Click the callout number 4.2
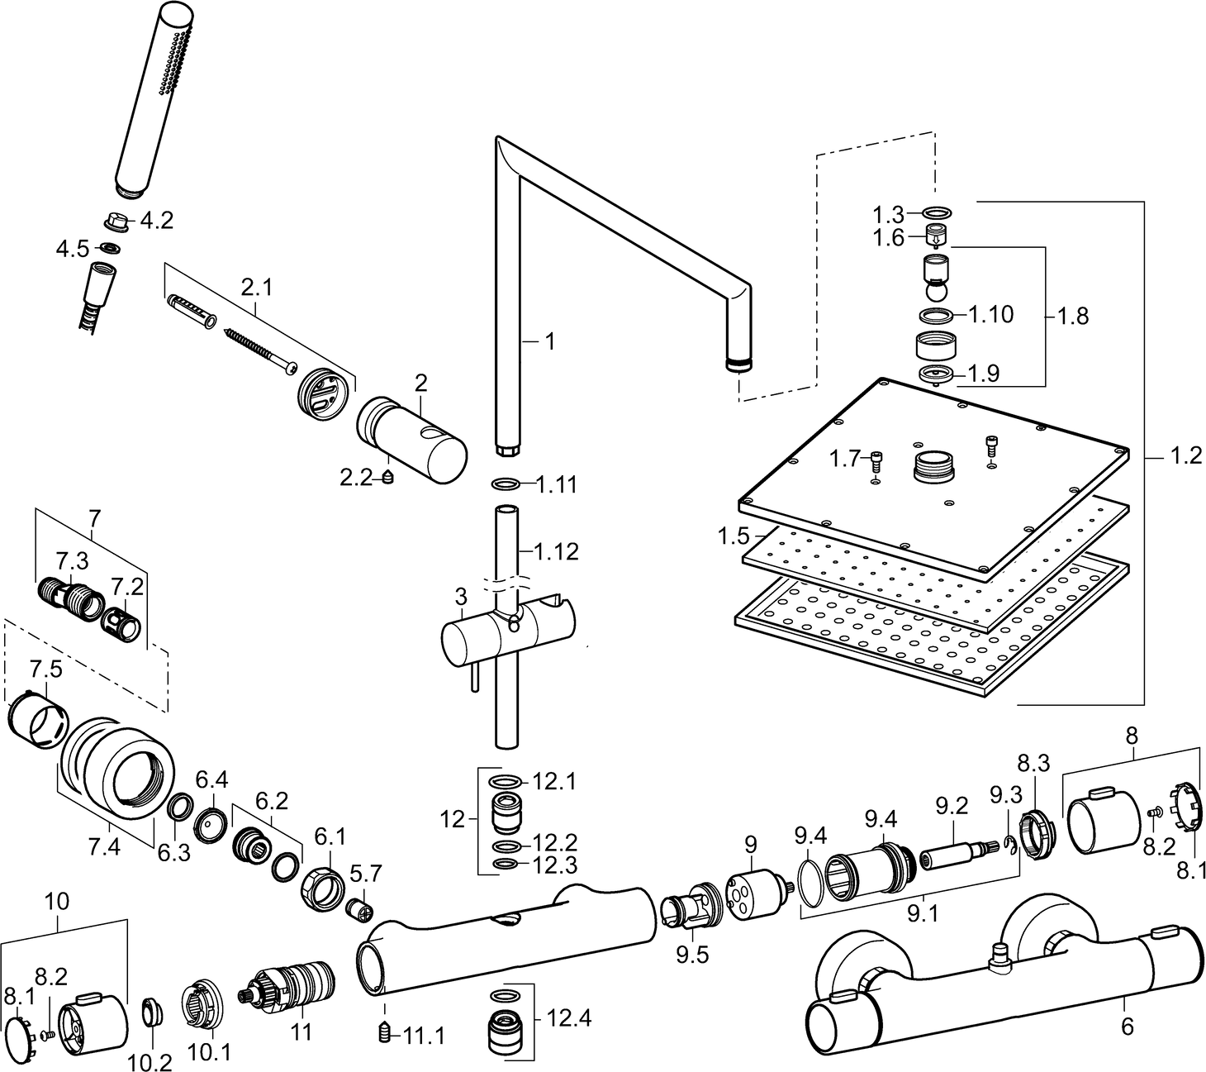(x=156, y=221)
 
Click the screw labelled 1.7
(x=876, y=460)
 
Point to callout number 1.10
(x=990, y=314)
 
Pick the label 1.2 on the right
(x=1186, y=455)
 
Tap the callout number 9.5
(x=692, y=955)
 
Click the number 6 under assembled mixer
(x=1128, y=1026)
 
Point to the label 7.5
(x=45, y=668)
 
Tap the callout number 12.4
(x=569, y=1018)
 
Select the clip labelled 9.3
(x=1010, y=842)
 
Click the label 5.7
(x=365, y=872)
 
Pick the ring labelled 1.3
(x=936, y=214)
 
